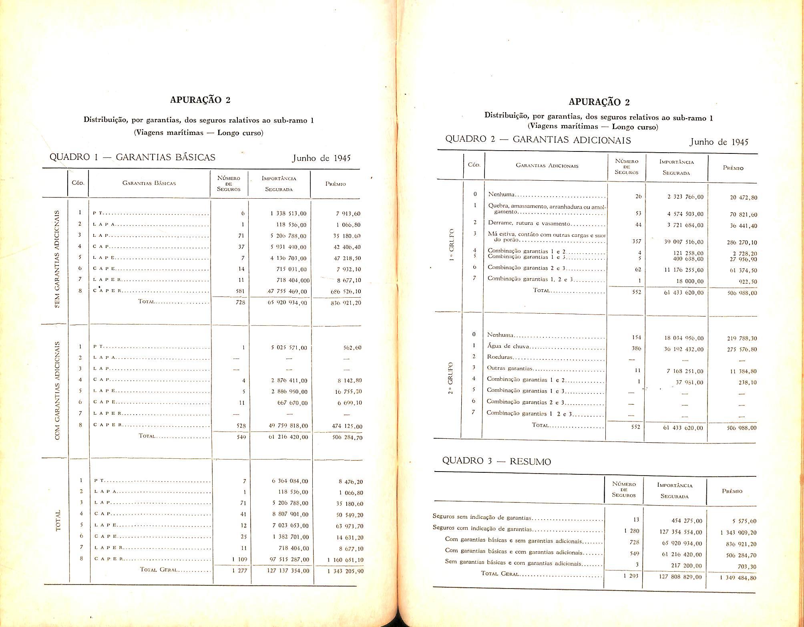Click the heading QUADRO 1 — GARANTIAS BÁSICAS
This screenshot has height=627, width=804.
132,157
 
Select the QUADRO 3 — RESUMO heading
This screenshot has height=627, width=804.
496,461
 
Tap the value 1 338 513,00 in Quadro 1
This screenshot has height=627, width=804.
288,214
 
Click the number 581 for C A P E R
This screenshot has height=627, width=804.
240,291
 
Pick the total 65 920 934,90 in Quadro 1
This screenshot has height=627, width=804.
287,303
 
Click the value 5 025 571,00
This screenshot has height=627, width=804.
289,348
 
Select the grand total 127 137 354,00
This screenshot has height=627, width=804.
288,571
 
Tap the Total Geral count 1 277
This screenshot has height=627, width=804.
239,571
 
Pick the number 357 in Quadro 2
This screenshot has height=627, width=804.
636,242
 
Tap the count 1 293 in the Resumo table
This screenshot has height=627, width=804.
631,576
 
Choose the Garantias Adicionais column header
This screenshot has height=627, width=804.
547,165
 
